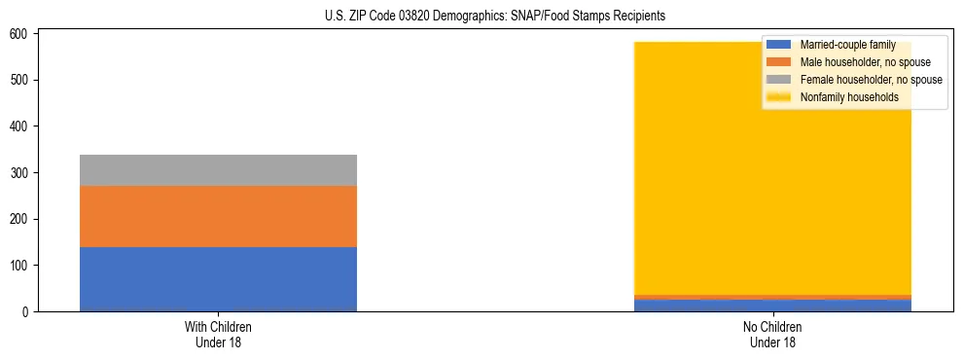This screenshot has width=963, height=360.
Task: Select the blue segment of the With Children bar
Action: point(218,279)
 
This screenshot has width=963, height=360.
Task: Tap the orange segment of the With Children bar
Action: point(218,216)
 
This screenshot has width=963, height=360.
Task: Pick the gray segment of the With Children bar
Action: point(218,170)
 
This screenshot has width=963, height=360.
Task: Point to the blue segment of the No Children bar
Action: point(772,306)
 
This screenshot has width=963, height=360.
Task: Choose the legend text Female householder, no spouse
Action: point(871,80)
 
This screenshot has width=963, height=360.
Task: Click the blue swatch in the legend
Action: point(779,45)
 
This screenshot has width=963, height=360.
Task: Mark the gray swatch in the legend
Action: point(779,80)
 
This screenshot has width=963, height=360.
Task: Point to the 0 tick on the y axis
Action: point(27,312)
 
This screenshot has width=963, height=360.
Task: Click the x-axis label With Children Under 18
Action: point(218,335)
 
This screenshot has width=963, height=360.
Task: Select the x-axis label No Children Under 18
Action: point(772,335)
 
